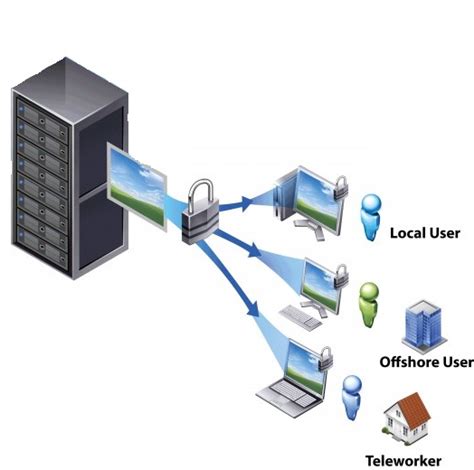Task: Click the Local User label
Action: click(x=424, y=233)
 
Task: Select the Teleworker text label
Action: click(x=418, y=458)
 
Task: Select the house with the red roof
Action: click(x=410, y=420)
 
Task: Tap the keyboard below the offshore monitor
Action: click(x=299, y=317)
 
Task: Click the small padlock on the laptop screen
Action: click(x=326, y=357)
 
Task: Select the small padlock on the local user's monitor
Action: click(x=340, y=185)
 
